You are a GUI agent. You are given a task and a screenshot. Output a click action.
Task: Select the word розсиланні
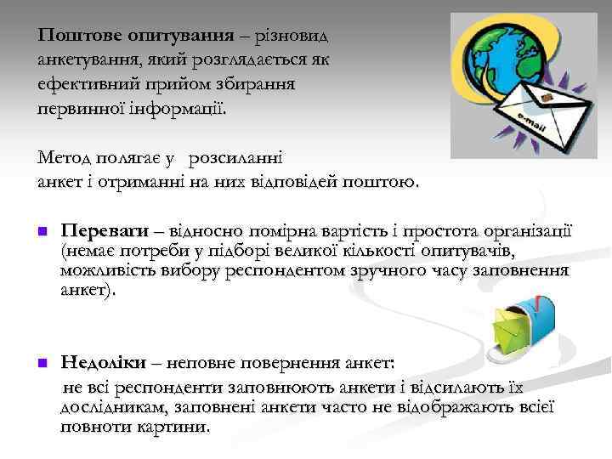(236, 158)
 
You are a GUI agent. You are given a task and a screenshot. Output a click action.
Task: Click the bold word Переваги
(105, 230)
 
